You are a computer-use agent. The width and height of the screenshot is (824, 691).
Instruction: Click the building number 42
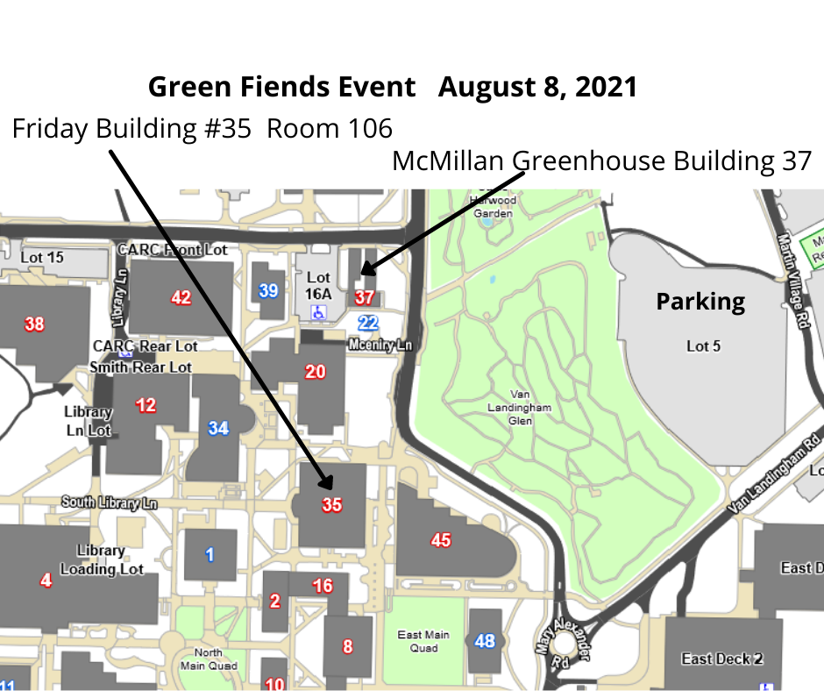click(181, 297)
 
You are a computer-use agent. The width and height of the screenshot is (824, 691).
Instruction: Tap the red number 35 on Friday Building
click(331, 504)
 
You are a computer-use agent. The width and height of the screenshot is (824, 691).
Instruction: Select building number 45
click(441, 540)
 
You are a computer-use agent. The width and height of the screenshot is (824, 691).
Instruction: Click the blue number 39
click(268, 290)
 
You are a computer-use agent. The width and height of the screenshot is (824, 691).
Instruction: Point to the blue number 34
click(218, 428)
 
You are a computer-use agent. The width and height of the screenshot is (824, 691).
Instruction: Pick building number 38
click(34, 324)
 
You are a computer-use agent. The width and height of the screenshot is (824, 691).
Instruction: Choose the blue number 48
click(485, 641)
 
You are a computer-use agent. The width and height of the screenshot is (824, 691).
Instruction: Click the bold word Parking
click(700, 303)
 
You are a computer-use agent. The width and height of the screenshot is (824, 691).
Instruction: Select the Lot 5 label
click(703, 346)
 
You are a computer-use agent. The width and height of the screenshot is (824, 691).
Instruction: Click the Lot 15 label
click(42, 258)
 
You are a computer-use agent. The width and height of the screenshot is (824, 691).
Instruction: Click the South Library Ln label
click(109, 503)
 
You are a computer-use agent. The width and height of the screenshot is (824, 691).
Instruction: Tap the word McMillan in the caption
click(449, 162)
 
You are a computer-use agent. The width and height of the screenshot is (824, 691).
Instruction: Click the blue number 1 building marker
click(209, 554)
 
